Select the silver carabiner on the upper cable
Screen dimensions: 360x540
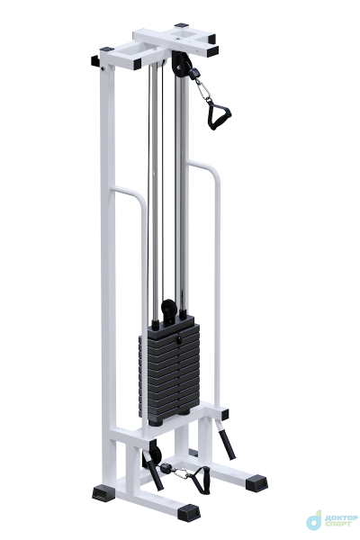[x=203, y=90]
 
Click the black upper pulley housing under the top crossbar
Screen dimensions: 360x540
[x=180, y=65]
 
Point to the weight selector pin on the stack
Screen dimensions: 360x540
[x=179, y=339]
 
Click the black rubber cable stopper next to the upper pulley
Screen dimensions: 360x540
[x=194, y=74]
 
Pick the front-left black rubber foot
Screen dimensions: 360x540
[x=103, y=493]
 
